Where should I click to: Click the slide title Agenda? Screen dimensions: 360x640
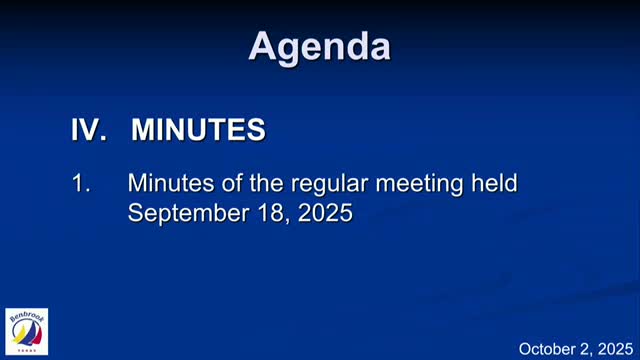tap(319, 46)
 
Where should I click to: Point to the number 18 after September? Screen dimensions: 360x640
tap(264, 212)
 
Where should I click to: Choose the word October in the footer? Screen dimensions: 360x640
tap(548, 348)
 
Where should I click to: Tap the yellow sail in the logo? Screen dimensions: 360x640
tap(19, 334)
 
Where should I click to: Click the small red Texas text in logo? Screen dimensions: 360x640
tap(27, 351)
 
